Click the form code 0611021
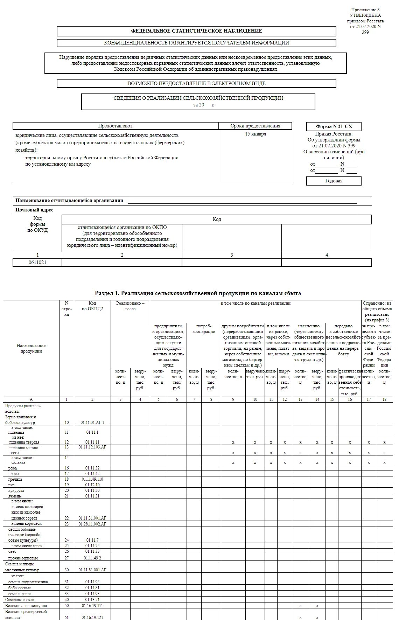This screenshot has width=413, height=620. point(37,262)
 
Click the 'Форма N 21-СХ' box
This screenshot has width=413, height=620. point(334,127)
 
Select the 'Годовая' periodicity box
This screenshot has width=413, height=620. point(334,181)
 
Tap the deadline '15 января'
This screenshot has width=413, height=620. point(255,134)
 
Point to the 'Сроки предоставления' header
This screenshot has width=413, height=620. point(255,126)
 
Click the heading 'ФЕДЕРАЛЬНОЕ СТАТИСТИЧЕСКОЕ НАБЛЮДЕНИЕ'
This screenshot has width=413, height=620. point(196,31)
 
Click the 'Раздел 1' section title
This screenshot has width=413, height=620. point(198,293)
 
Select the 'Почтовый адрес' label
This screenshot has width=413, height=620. point(34,210)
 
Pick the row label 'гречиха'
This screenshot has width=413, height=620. point(15,479)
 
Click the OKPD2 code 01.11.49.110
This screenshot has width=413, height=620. point(92,479)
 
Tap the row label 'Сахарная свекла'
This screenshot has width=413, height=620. point(20,600)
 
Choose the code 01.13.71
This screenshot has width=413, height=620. point(92,600)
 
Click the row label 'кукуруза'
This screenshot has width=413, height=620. point(16,490)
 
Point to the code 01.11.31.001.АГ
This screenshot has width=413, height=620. point(92,518)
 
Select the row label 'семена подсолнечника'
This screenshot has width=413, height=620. point(28,582)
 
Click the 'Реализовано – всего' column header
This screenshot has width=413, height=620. point(130,306)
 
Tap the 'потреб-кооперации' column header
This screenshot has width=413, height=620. point(204,329)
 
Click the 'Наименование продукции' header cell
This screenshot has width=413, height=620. point(31,348)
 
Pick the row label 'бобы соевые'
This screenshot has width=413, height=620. point(20,588)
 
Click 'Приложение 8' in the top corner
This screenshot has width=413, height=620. point(365,10)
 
